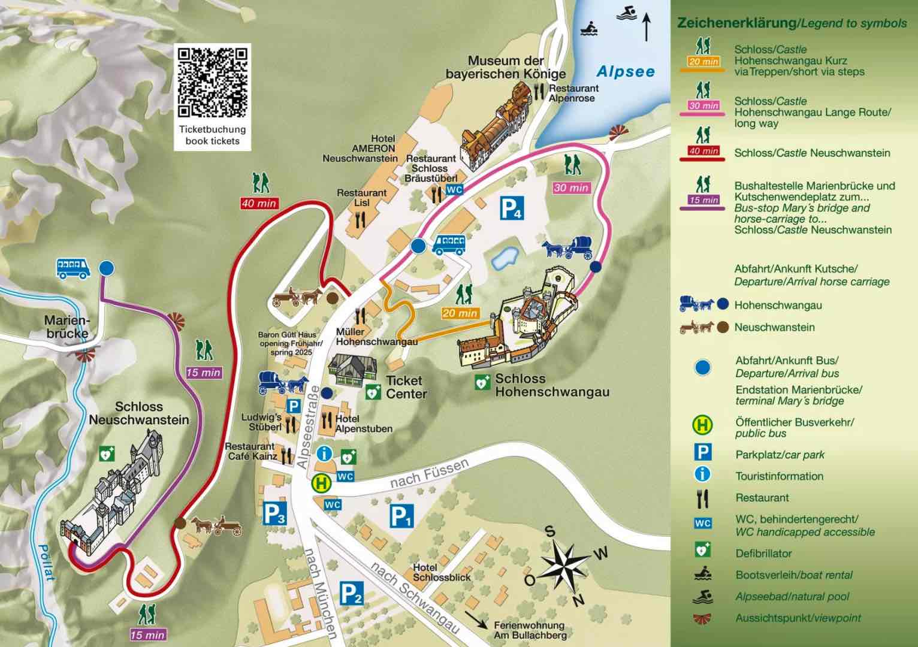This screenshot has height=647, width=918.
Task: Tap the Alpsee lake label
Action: [626, 72]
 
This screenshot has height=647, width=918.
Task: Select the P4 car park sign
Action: [512, 208]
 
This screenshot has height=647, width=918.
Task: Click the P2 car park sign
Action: [351, 593]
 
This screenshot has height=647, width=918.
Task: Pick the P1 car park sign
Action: [401, 516]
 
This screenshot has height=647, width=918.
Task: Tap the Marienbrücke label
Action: [66, 327]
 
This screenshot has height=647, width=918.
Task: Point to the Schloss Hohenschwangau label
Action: [551, 386]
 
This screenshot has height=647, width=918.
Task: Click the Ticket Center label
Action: [406, 387]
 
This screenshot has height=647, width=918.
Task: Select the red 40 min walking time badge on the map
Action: [259, 203]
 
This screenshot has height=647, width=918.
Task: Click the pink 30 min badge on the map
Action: [571, 188]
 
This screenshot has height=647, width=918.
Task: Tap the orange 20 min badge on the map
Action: [460, 313]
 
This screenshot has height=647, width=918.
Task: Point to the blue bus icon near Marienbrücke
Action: [73, 268]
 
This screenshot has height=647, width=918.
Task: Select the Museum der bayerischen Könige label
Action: [506, 67]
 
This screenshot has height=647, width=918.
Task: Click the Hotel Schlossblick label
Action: [442, 572]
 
